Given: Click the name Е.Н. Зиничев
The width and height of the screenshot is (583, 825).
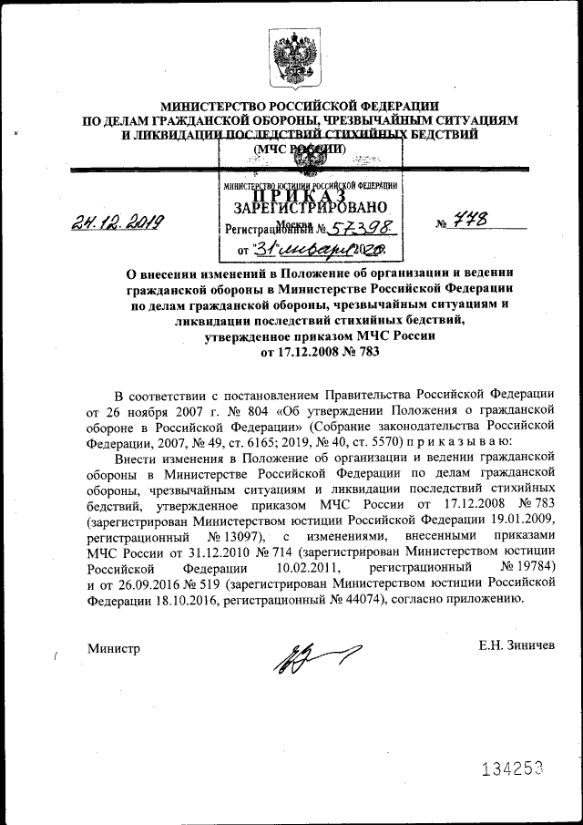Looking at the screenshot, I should point(517,646).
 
